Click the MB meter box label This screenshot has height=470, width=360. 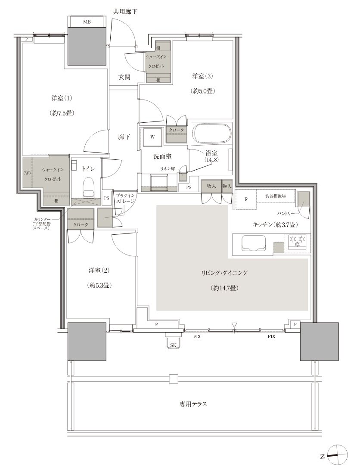tap(87, 22)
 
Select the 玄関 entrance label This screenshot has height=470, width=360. tap(124, 77)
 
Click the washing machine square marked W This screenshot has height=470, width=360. tap(152, 137)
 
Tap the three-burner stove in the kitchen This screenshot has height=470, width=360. tap(298, 242)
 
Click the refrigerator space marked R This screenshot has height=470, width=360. tap(246, 199)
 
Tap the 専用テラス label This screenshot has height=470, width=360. tap(193, 404)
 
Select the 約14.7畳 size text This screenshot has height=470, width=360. tap(224, 288)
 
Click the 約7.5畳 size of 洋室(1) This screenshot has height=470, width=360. tap(62, 113)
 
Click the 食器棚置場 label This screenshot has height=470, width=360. tap(275, 196)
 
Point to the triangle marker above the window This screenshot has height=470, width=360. tap(234, 325)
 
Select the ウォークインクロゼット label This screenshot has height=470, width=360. tap(52, 174)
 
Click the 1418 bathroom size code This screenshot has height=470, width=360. tap(212, 160)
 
